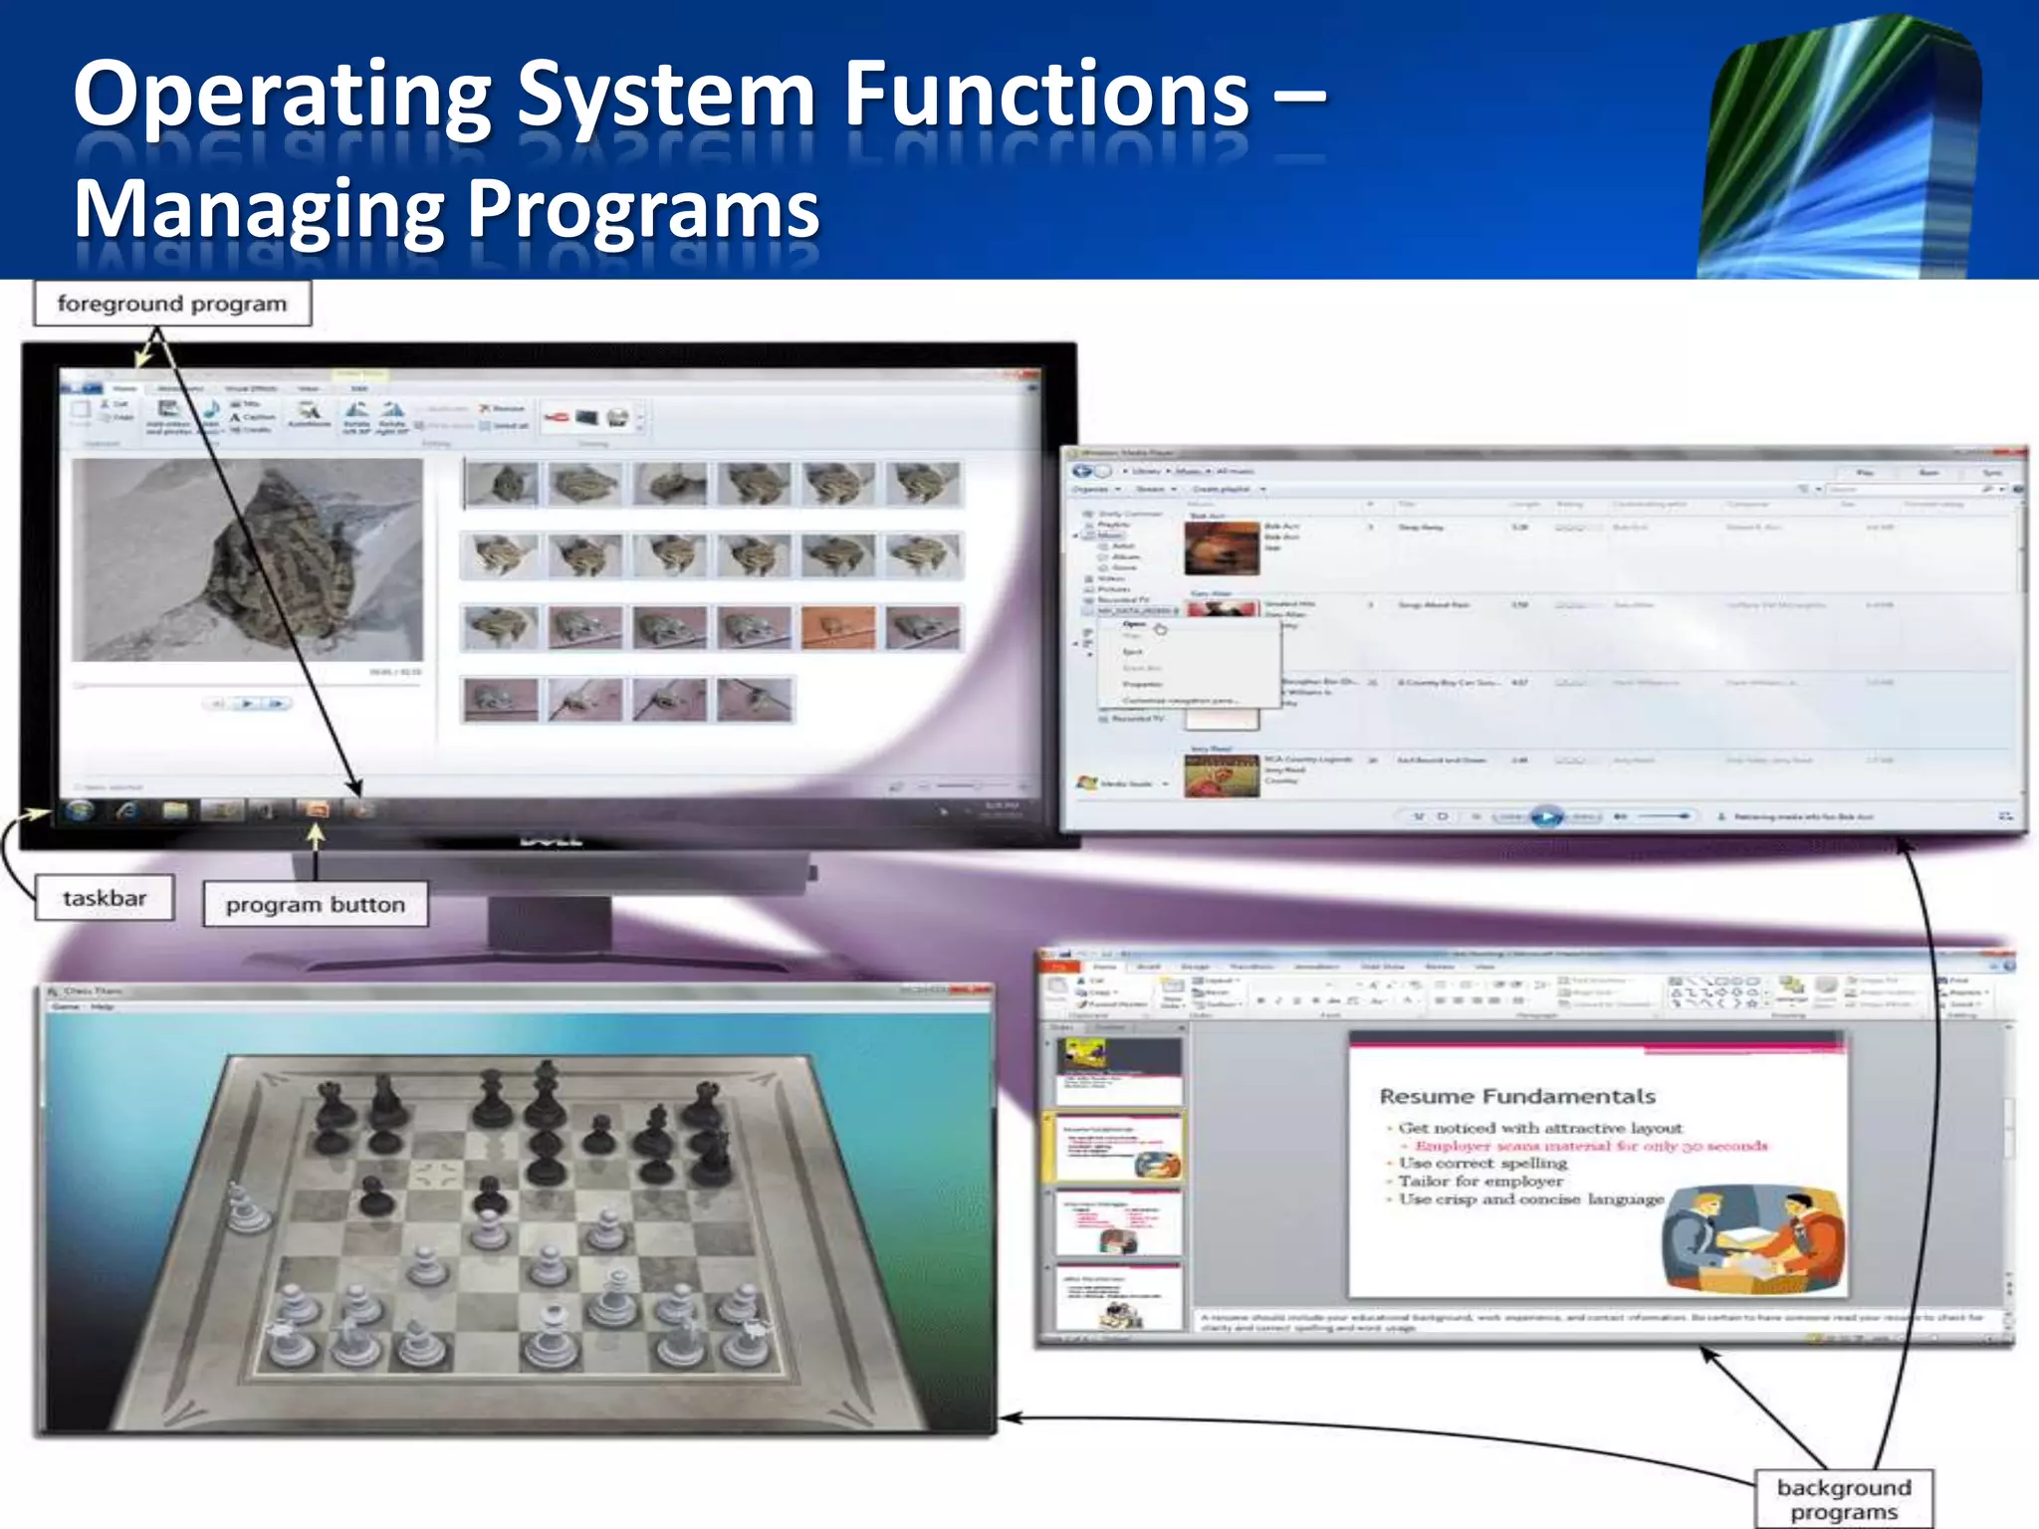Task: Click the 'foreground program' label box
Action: point(172,304)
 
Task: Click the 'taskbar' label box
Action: point(105,898)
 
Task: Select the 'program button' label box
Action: point(315,905)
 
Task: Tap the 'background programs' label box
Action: point(1843,1499)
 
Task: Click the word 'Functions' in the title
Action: point(1046,95)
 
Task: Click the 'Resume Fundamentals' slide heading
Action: point(1516,1096)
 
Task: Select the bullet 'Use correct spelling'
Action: point(1482,1163)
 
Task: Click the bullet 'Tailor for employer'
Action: point(1480,1182)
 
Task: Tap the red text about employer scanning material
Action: point(1591,1146)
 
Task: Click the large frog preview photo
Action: point(248,559)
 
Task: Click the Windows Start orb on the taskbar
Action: point(80,810)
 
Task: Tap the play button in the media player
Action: point(1545,817)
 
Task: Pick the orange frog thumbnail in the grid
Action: point(838,628)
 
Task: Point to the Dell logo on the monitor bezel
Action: point(551,840)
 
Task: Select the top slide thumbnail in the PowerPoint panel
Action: point(1117,1069)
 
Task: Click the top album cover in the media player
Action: point(1222,548)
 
